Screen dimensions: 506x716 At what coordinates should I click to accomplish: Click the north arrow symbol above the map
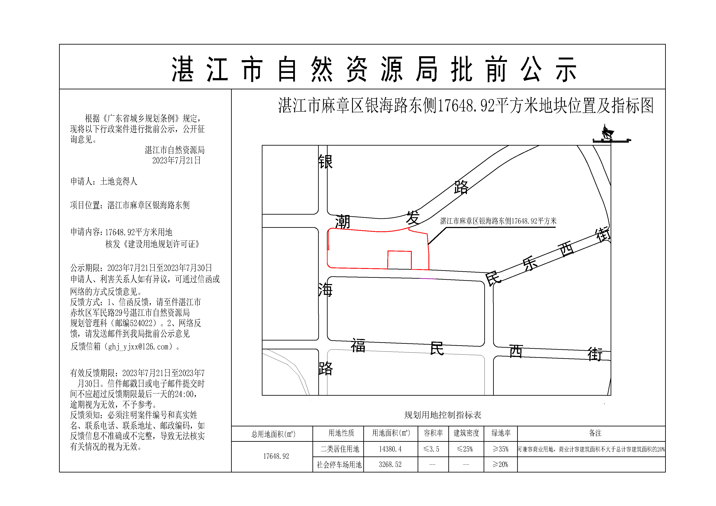click(607, 134)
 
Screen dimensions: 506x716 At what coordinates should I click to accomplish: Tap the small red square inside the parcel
click(399, 260)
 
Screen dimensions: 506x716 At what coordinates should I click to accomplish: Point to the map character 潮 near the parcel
click(342, 222)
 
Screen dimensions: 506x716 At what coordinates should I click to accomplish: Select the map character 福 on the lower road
click(358, 346)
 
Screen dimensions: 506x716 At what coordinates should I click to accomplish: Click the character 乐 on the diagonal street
click(530, 264)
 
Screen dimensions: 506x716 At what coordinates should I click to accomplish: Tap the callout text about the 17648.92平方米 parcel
click(498, 221)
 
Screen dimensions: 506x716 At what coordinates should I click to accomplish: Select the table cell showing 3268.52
click(390, 464)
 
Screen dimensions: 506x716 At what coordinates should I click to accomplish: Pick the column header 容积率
click(433, 433)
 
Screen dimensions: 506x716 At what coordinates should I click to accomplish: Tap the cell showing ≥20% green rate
click(500, 464)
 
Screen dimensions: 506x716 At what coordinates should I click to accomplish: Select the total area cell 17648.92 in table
click(276, 456)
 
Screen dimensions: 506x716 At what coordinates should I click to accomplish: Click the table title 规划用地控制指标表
click(442, 415)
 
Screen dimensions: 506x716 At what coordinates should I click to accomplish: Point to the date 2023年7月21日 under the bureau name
click(177, 161)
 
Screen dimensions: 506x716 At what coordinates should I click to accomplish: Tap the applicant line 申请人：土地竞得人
click(104, 182)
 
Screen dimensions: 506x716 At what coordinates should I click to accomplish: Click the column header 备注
click(595, 433)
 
